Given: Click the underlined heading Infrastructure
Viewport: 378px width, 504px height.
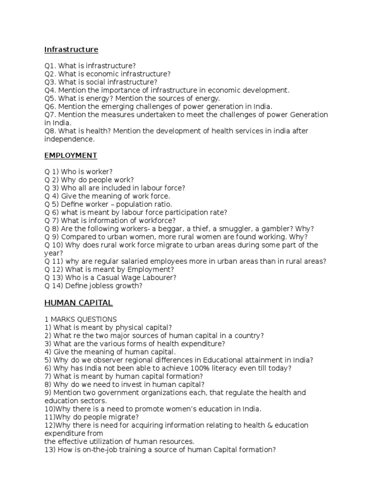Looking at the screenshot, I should (x=71, y=50).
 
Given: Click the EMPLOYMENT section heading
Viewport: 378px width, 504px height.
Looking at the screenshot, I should (x=70, y=156).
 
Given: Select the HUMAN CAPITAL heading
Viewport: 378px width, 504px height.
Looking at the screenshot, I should (x=79, y=302).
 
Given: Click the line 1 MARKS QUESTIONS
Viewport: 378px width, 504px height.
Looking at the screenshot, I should (x=81, y=319).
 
